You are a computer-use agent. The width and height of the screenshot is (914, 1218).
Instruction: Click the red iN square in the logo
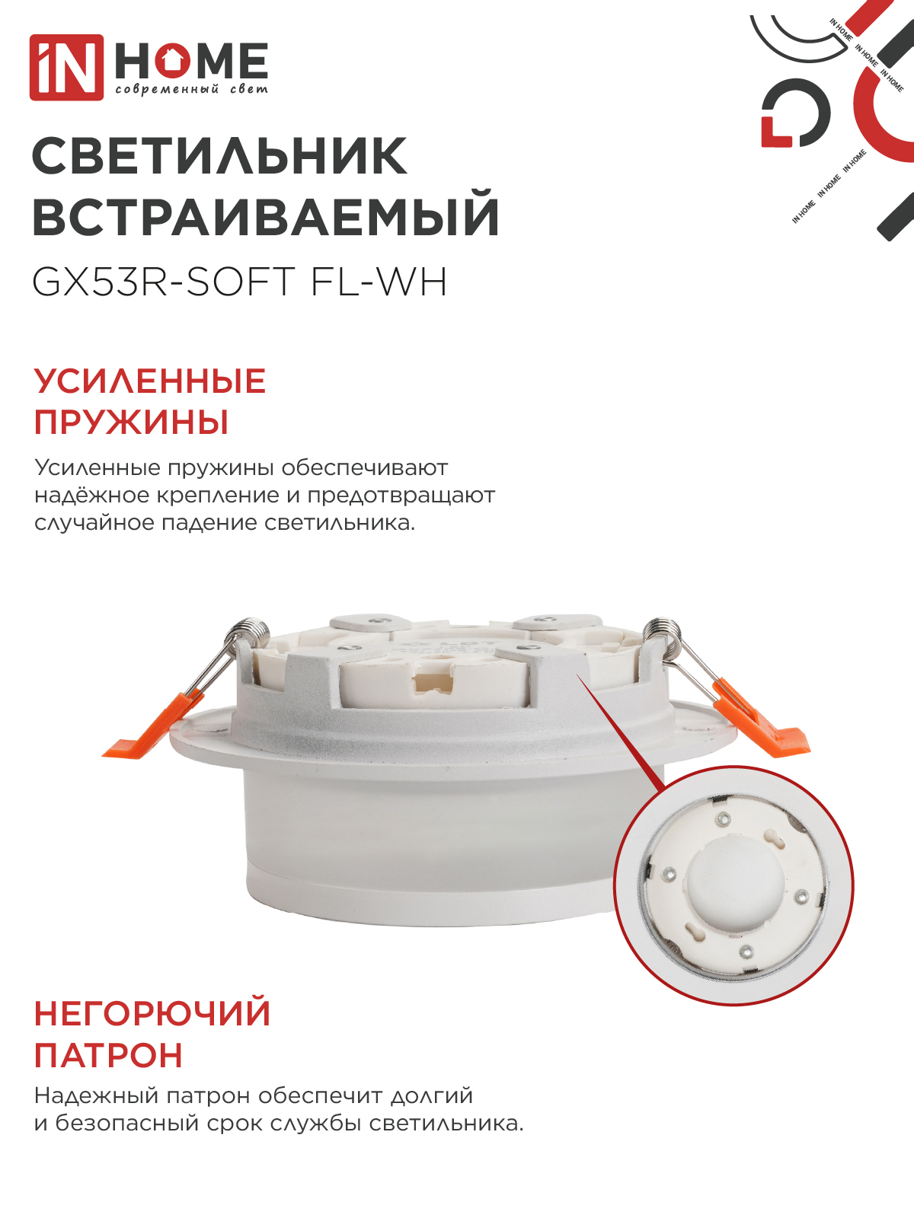tap(66, 68)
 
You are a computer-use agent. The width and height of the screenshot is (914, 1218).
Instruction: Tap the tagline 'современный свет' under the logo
tap(191, 89)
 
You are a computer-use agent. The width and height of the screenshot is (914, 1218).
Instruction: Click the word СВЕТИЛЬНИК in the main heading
tap(220, 157)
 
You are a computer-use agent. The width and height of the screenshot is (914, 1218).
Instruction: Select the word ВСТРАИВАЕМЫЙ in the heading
tap(266, 216)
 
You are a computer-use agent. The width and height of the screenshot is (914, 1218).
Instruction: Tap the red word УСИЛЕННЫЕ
tap(150, 381)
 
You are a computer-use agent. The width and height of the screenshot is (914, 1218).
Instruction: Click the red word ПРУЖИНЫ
tap(131, 422)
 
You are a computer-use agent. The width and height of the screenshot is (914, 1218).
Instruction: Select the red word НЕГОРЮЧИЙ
tap(152, 1013)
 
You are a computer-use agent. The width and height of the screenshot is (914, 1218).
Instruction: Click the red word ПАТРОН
tap(108, 1055)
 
